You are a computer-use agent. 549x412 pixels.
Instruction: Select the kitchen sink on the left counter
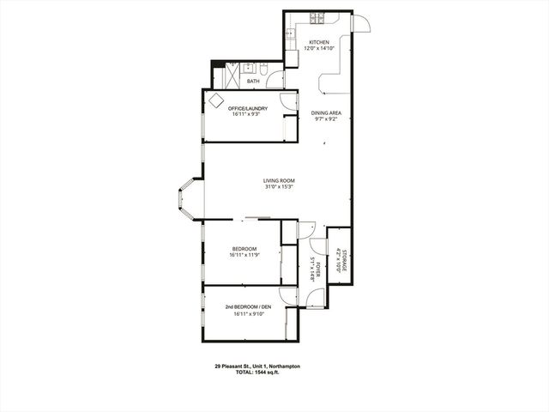tap(292, 37)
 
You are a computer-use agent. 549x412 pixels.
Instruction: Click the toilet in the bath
tap(264, 69)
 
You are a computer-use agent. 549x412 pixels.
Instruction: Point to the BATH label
tap(253, 82)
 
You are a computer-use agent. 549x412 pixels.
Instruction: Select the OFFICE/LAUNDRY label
tap(248, 108)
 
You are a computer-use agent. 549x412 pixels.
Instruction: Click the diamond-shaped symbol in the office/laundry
tap(215, 100)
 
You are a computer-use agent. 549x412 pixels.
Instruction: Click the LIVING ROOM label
tap(279, 180)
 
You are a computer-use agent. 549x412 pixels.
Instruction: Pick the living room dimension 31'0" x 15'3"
tap(279, 187)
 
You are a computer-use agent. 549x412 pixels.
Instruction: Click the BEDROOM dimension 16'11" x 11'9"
tap(244, 255)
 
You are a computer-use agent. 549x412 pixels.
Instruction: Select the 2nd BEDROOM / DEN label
tap(248, 306)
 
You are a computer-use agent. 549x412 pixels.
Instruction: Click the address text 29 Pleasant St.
tap(256, 366)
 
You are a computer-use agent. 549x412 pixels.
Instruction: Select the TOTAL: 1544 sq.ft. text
tap(257, 373)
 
